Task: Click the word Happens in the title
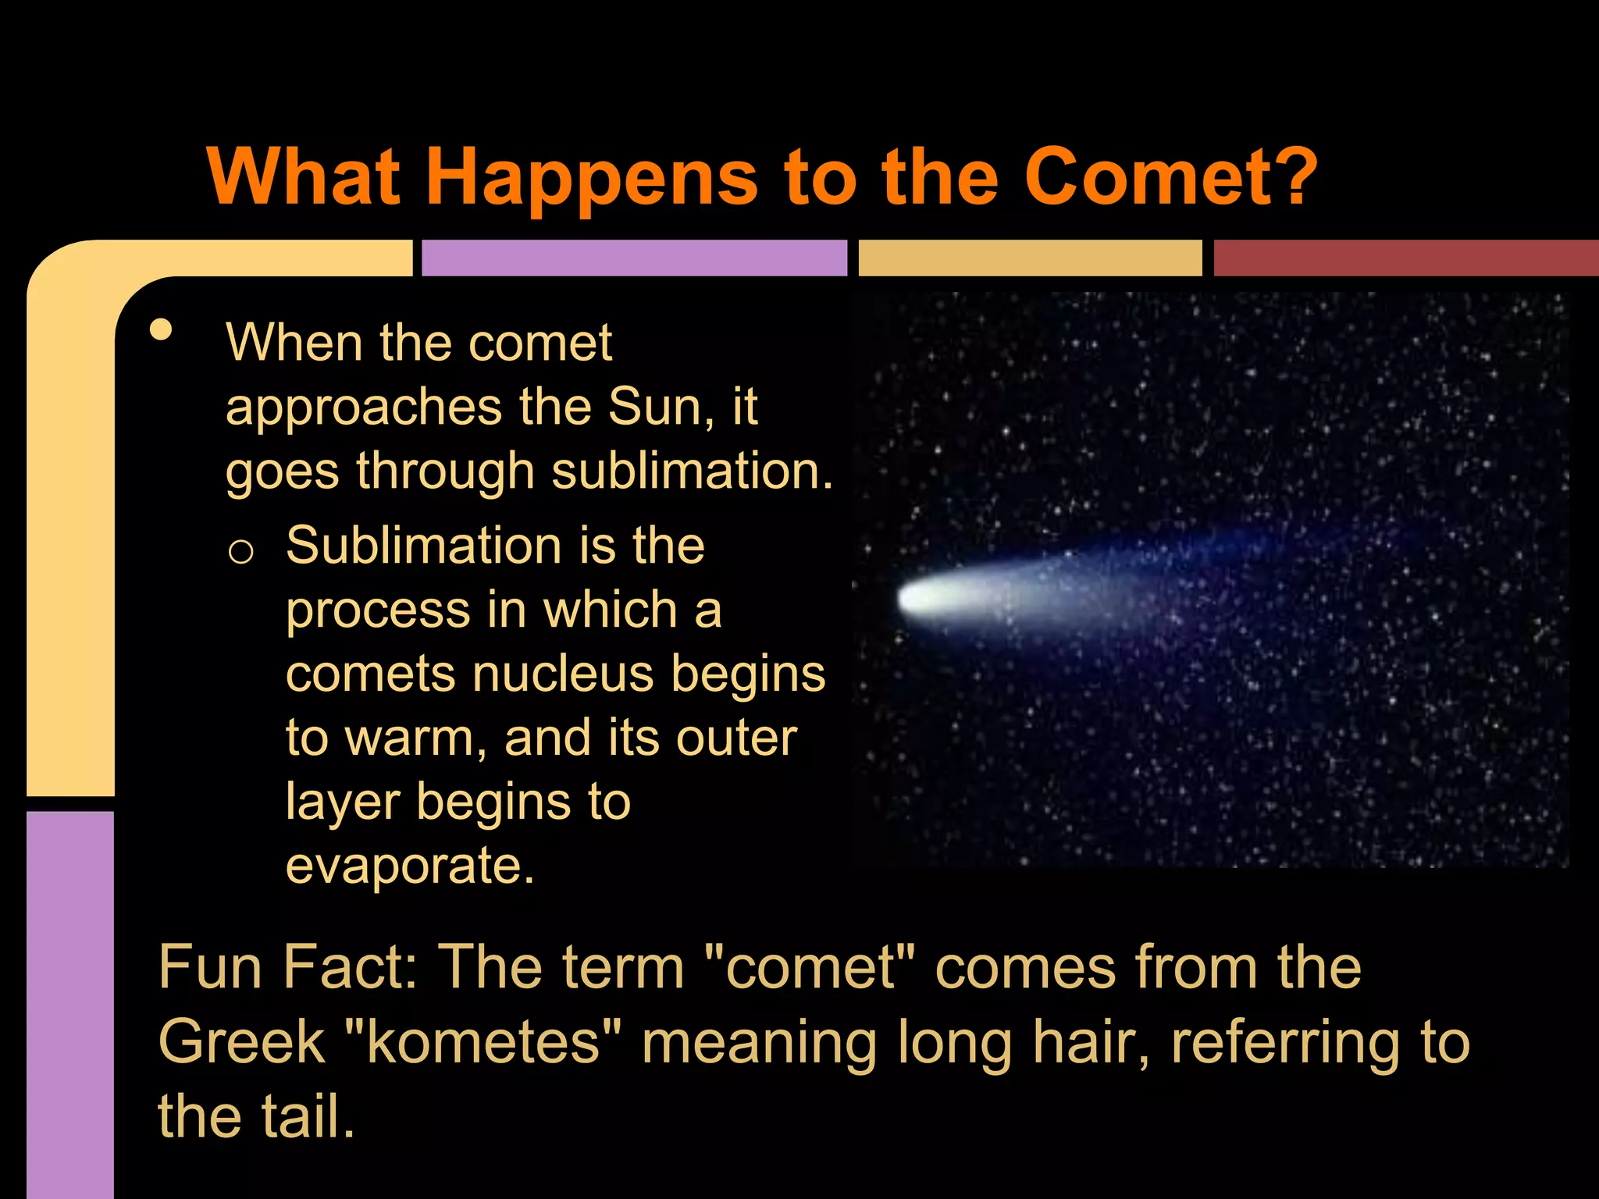591,178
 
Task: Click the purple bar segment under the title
634,258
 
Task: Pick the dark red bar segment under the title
1405,258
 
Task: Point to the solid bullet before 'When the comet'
161,329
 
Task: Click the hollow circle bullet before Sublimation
240,552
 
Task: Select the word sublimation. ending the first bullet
692,471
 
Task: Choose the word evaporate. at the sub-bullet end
410,866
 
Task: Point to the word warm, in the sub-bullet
418,738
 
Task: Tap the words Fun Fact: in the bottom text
287,968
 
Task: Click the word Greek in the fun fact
241,1042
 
